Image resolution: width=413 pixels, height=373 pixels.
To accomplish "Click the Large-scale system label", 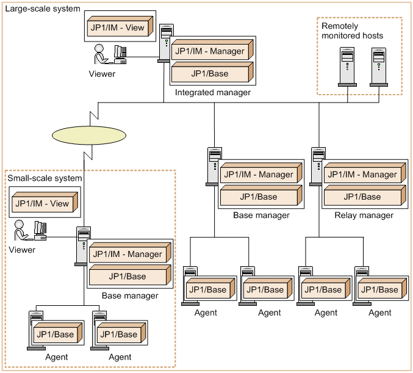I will (41, 9).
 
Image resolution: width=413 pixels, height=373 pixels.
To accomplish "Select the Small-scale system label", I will (45, 178).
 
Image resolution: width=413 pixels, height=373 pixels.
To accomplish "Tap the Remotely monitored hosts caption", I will (352, 31).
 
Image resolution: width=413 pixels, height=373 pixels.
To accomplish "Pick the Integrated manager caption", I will (212, 93).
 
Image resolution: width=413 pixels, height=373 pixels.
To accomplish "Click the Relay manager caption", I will (364, 215).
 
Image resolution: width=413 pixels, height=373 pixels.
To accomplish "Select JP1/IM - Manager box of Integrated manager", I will (210, 51).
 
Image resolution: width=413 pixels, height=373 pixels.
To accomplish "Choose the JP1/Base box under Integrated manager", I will (210, 73).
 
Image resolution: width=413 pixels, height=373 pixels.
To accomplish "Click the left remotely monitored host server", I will (347, 65).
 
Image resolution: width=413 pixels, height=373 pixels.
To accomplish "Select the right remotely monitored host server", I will (379, 65).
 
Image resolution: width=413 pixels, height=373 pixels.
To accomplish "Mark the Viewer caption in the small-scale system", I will (22, 250).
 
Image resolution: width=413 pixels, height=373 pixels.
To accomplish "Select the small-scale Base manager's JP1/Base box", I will (127, 277).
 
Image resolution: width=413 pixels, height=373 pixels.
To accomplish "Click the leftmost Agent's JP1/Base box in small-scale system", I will (55, 335).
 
